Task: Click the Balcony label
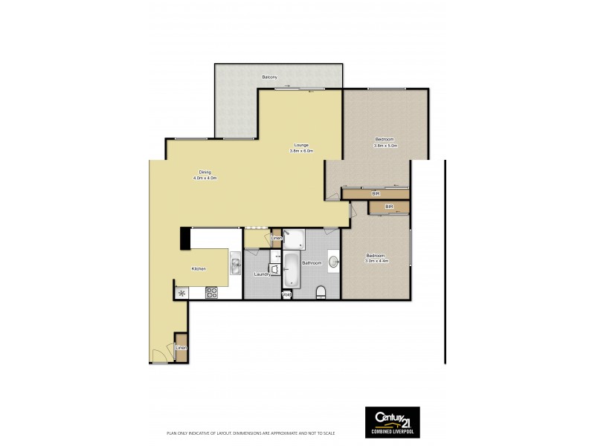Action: click(x=270, y=77)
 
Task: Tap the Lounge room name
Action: click(x=301, y=145)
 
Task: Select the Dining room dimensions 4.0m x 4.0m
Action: click(x=205, y=178)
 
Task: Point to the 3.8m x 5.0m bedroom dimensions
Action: click(x=386, y=146)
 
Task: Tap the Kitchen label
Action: click(x=198, y=269)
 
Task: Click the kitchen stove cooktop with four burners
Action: click(x=210, y=292)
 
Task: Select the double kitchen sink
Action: click(x=234, y=264)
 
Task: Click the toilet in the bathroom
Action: click(x=321, y=291)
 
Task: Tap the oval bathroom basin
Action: click(x=335, y=262)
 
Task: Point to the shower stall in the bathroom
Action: click(x=293, y=239)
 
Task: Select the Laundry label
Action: click(x=263, y=274)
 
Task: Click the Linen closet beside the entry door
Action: click(x=180, y=347)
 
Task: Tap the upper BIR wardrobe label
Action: click(x=376, y=194)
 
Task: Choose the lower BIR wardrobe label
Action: click(x=389, y=206)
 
